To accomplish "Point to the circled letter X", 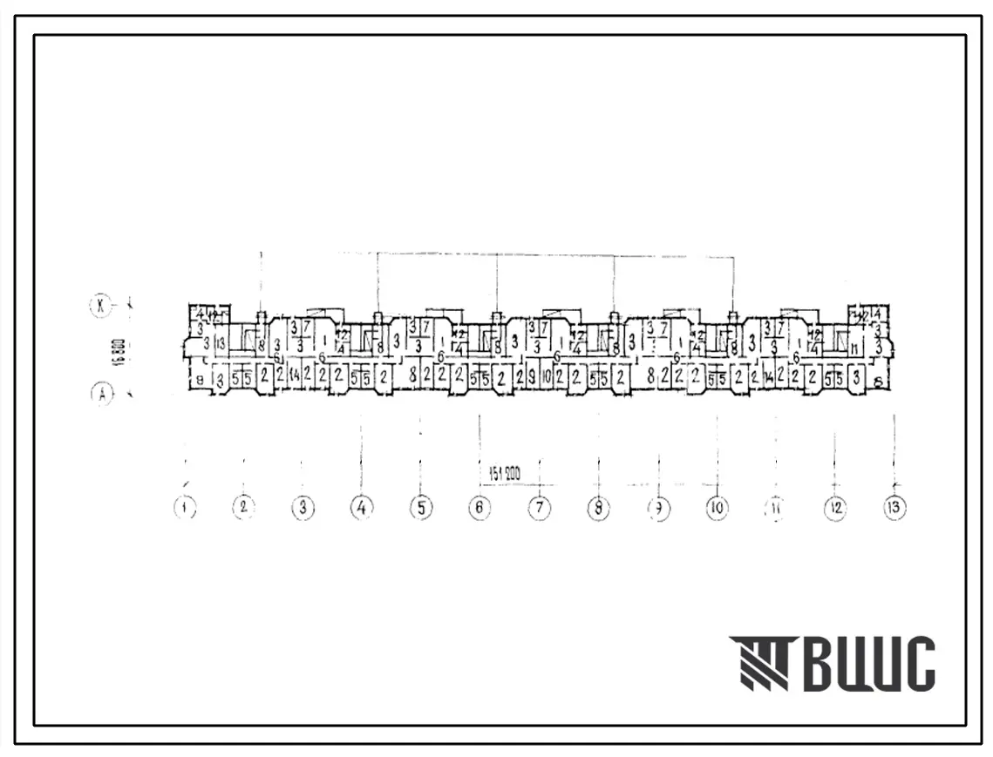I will click(102, 305).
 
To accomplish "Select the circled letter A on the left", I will click(102, 395).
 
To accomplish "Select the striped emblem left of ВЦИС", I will click(761, 664).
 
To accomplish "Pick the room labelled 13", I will click(221, 343).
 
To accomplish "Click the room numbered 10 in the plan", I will click(547, 378).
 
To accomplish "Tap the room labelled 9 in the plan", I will click(532, 378).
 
